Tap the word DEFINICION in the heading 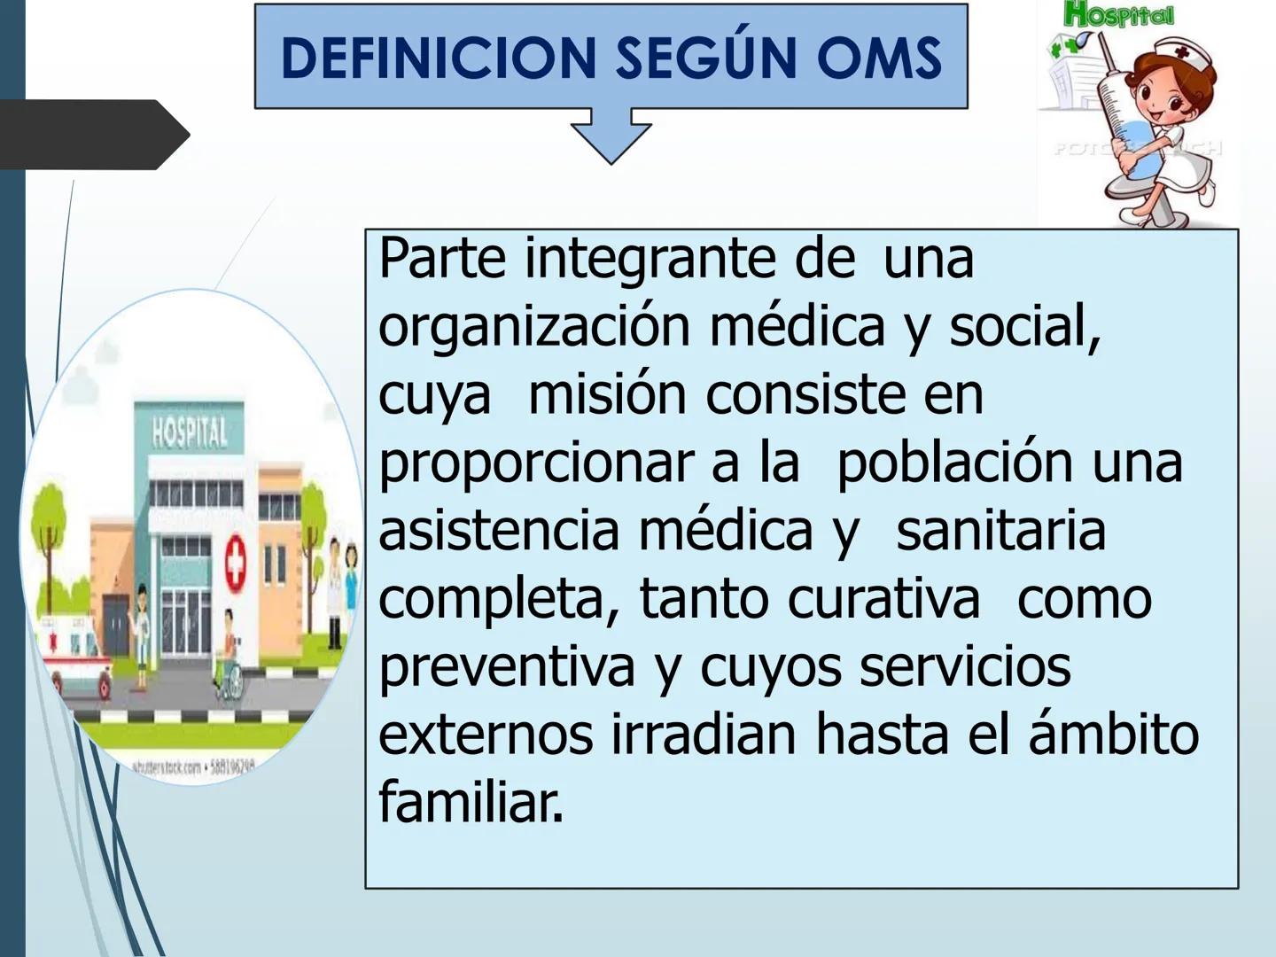pos(439,58)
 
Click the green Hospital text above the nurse pos(1119,15)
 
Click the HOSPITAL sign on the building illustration pos(189,433)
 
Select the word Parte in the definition pos(442,258)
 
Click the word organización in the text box pos(533,326)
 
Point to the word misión pos(607,394)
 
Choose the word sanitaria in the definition pos(1000,530)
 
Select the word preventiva pos(506,666)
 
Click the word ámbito pos(1113,735)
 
